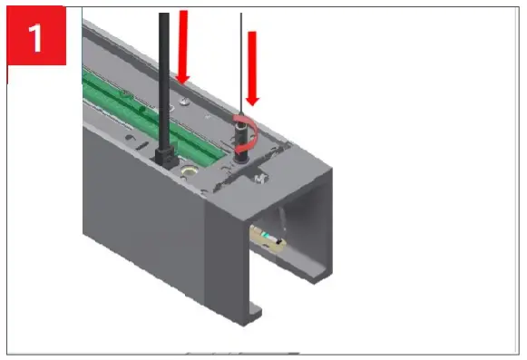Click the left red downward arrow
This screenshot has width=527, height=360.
tap(185, 45)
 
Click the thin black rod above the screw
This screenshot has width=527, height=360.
tap(241, 63)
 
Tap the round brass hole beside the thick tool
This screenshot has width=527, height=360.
tap(189, 170)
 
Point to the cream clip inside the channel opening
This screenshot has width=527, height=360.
tap(268, 240)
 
